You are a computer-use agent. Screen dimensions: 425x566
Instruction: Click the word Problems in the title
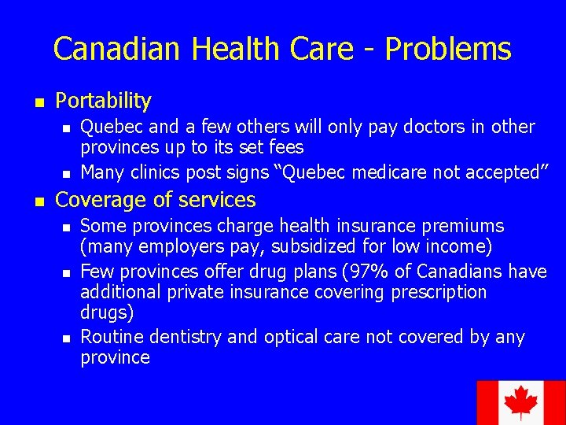448,50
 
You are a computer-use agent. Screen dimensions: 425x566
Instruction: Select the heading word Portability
103,101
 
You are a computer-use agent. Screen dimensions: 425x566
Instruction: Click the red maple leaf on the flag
520,404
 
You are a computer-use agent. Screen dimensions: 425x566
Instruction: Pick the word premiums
464,227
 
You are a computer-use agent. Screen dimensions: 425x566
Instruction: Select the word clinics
160,172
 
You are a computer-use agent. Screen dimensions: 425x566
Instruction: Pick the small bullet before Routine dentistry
67,338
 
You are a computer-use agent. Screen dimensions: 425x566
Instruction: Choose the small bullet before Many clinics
67,172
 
